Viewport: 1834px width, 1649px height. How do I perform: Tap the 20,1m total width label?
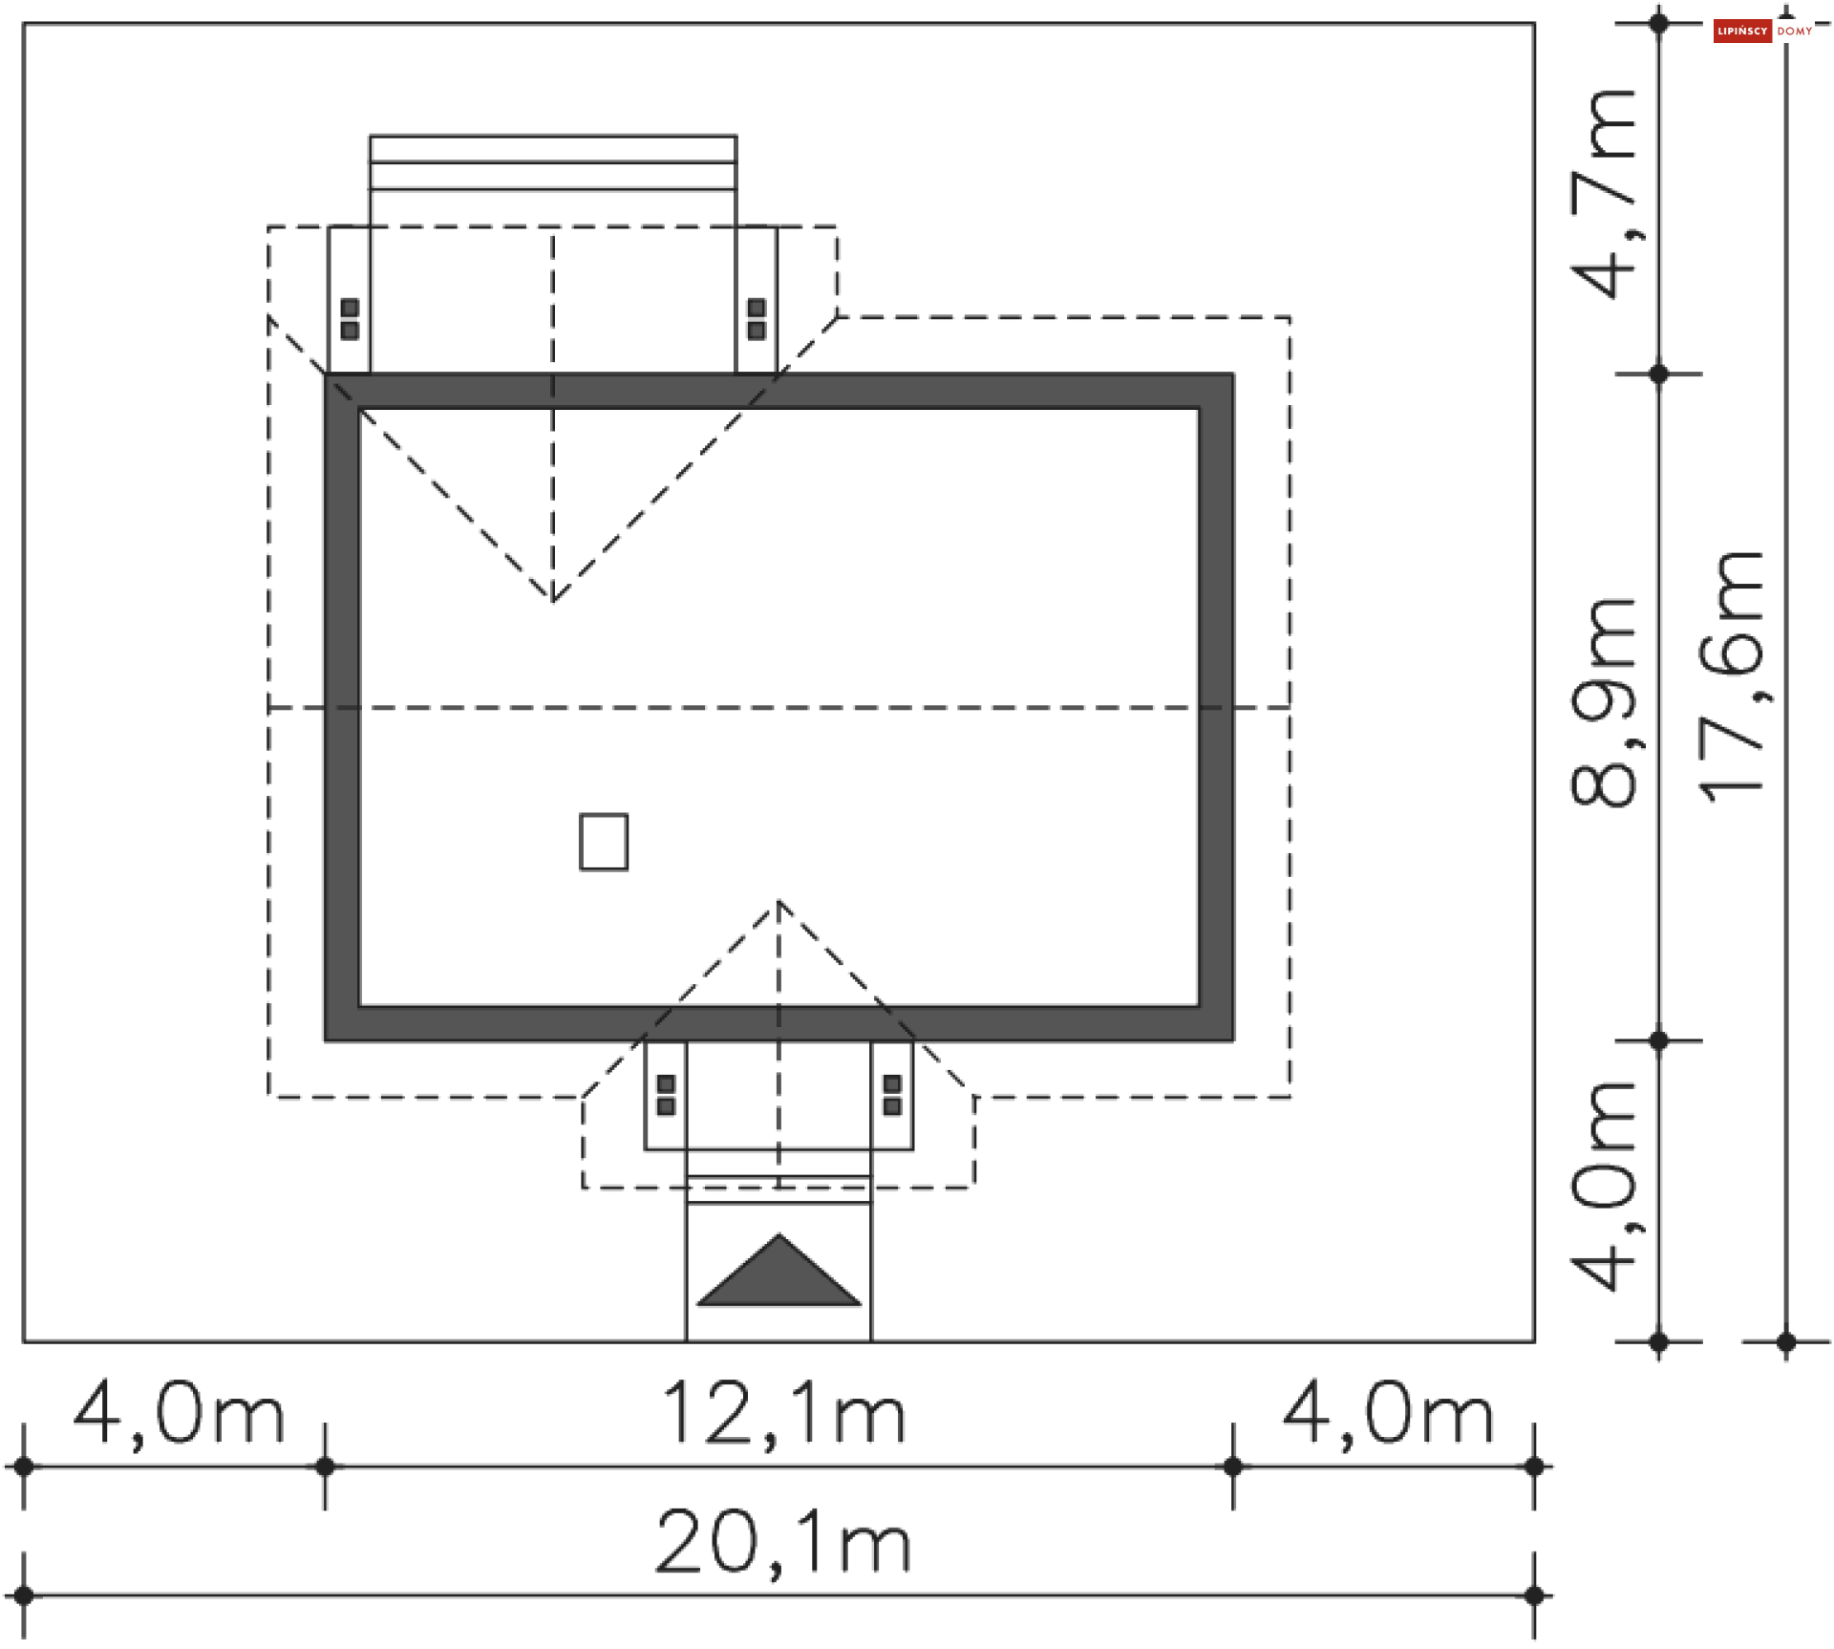pos(783,1542)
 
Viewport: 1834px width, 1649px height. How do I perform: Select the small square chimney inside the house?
pos(604,842)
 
